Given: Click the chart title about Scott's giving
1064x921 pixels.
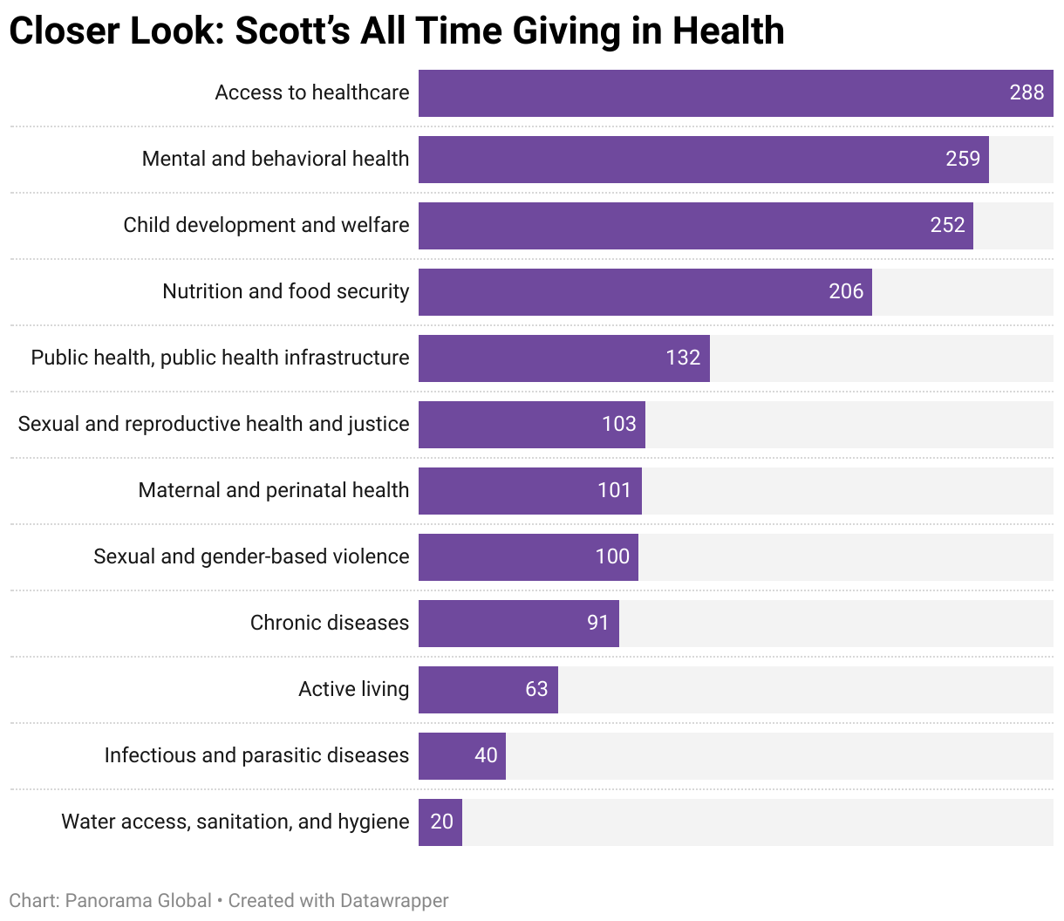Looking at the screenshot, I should (x=396, y=31).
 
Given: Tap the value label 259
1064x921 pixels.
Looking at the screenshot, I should (x=963, y=159).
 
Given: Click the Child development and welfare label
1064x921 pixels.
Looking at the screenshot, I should (x=266, y=225).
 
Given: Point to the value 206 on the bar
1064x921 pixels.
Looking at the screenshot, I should (x=846, y=291).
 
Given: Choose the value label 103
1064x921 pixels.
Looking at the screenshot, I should (x=619, y=424).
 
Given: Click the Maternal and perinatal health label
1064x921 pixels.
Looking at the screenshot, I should (x=273, y=490).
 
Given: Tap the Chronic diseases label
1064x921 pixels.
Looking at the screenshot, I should (x=329, y=623).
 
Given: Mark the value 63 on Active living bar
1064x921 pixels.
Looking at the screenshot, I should (x=536, y=689).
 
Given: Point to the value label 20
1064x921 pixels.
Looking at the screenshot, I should (x=442, y=822).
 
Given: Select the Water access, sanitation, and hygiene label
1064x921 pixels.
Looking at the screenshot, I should (x=235, y=822).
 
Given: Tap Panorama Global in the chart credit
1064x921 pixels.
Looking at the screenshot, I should (x=139, y=900).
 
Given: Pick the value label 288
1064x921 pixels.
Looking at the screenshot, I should (x=1026, y=92).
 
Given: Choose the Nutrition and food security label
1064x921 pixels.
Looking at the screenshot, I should (x=285, y=291).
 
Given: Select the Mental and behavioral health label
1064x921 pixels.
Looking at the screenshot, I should (x=275, y=159).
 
